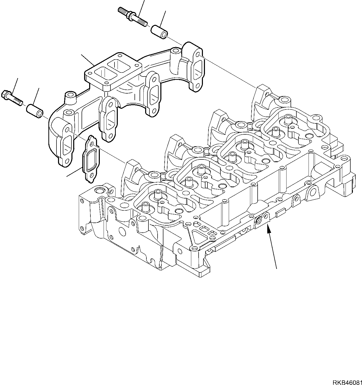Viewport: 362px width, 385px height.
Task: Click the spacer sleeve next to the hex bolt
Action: [x=35, y=111]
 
